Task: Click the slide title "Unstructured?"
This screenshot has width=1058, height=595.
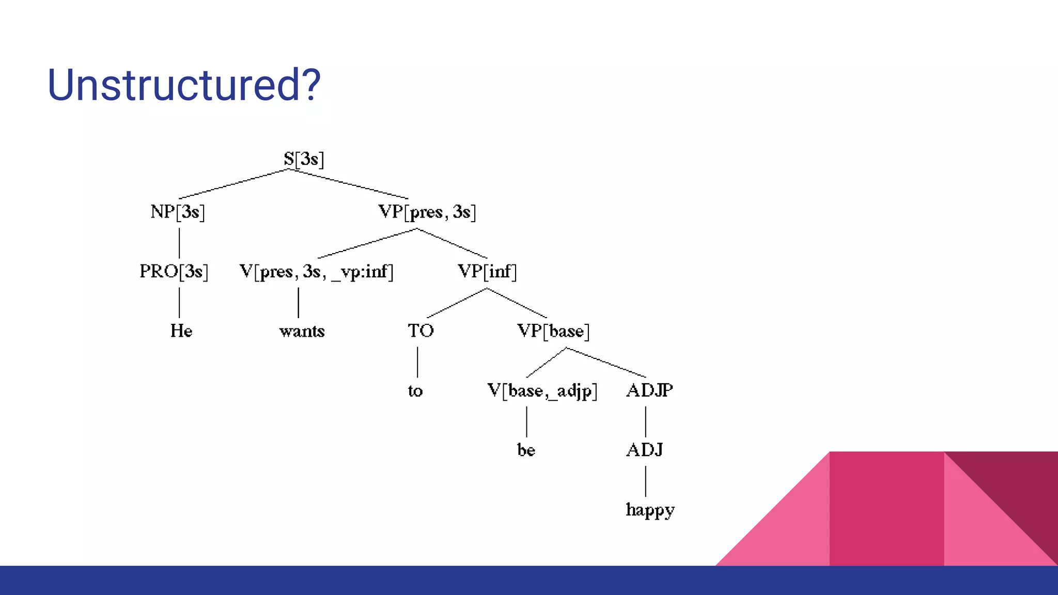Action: [x=184, y=85]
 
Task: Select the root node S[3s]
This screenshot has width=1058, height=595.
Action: [x=304, y=159]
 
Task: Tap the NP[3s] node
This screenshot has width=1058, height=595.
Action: [x=178, y=212]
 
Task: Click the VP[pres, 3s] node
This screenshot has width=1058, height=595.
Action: [x=427, y=212]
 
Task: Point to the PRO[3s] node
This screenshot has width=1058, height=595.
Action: [x=174, y=271]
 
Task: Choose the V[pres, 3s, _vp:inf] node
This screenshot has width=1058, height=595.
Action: [x=316, y=271]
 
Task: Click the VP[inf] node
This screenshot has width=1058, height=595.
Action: [x=487, y=271]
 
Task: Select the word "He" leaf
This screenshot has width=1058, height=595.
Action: [x=181, y=331]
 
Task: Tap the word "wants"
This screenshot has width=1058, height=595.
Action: [x=302, y=331]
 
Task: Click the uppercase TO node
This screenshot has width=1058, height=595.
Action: [x=421, y=331]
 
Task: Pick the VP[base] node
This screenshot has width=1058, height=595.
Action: [x=553, y=331]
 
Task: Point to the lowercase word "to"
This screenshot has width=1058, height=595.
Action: [x=415, y=391]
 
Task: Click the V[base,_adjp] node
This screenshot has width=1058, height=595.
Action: [x=542, y=390]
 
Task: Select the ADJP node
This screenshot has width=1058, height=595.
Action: [x=649, y=390]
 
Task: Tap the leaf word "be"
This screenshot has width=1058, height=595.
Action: [x=526, y=450]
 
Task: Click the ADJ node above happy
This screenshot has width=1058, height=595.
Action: [x=644, y=450]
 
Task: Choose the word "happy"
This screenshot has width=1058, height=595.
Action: [x=650, y=510]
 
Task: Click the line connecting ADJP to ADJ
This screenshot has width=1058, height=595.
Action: [x=646, y=421]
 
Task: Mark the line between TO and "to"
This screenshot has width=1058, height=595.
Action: [x=417, y=362]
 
